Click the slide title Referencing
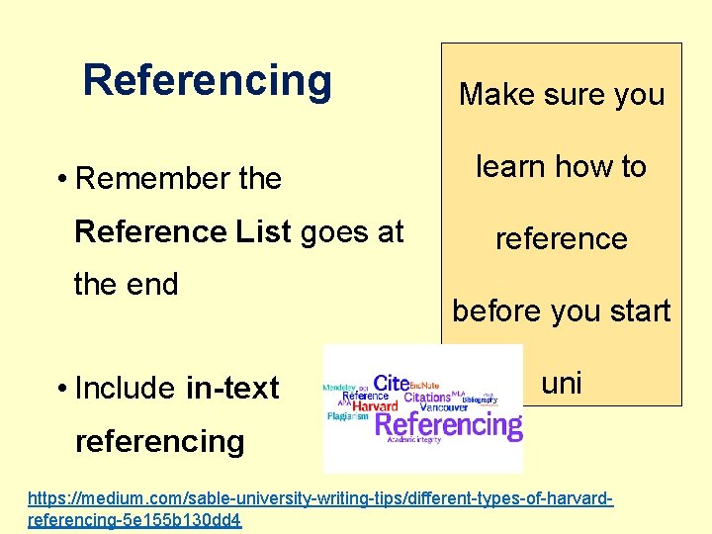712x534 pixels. pos(208,80)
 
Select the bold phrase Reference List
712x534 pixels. pos(183,231)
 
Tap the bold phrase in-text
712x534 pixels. pos(232,389)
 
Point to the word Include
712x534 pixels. pos(127,389)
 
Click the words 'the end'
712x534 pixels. pos(126,285)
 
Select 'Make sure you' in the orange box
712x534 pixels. pos(561,95)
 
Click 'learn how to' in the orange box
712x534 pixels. pos(561,167)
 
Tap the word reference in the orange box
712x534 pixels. pos(561,239)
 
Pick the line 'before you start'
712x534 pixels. pos(561,311)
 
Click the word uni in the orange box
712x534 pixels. pos(561,383)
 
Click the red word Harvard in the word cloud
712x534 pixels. pos(375,405)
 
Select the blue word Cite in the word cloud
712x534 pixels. pos(392,383)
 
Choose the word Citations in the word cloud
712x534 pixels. pos(427,397)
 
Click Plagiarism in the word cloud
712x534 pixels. pos(348,417)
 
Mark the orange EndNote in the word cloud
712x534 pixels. pos(424,385)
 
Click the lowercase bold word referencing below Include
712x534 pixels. pos(159,441)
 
